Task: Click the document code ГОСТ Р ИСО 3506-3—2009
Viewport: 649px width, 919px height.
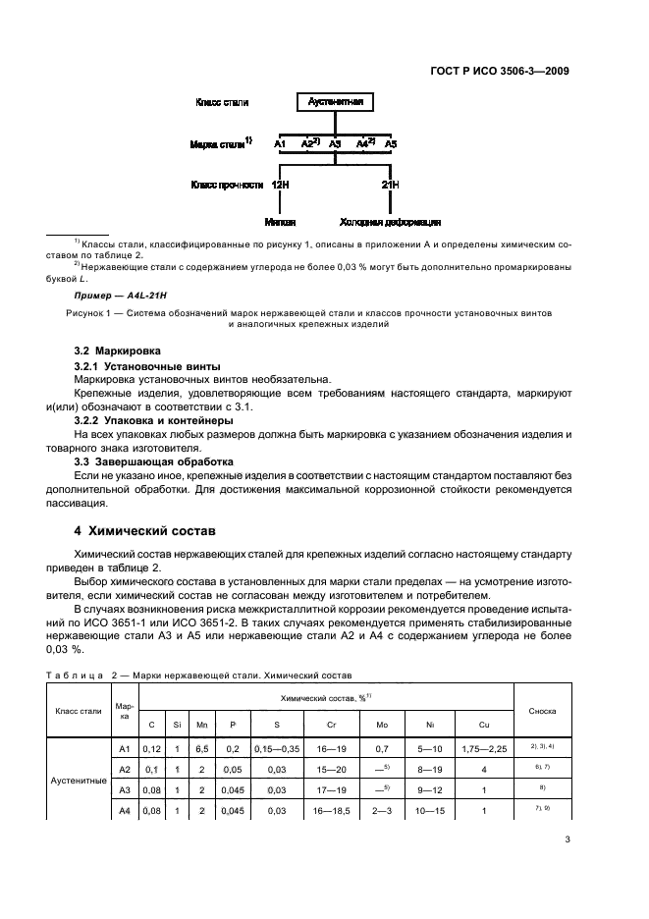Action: pos(500,71)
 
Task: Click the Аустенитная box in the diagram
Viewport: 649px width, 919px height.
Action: pos(336,102)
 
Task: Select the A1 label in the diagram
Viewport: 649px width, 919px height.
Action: pos(280,144)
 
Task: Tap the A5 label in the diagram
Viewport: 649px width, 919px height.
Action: pos(391,144)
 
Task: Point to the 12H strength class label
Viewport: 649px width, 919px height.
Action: pos(280,185)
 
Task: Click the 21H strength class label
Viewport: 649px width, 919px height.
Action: pos(390,185)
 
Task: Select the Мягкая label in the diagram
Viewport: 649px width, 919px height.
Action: pos(280,223)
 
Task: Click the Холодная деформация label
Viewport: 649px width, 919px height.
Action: pos(390,223)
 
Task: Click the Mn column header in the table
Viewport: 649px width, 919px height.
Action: pos(202,725)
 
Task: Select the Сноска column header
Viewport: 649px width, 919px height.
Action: pos(543,710)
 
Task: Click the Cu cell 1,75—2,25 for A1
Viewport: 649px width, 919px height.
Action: pos(484,749)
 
